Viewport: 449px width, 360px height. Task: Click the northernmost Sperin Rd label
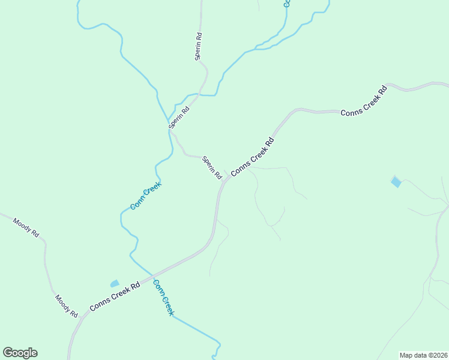[199, 46]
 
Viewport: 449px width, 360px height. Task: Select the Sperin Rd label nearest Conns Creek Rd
[212, 167]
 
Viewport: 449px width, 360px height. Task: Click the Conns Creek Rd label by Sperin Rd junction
[252, 157]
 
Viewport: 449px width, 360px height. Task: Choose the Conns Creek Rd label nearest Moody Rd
[115, 297]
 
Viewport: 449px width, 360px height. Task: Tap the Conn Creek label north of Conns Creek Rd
[146, 196]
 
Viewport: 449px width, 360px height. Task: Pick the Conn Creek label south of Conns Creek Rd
[163, 298]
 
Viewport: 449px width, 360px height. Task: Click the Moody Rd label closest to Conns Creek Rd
[66, 306]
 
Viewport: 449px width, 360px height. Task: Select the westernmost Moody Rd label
[26, 226]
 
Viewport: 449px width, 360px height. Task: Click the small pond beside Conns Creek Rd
[114, 283]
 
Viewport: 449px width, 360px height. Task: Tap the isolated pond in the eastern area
[396, 181]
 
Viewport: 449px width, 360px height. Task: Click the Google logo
[20, 353]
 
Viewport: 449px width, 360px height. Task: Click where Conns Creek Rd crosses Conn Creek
[153, 275]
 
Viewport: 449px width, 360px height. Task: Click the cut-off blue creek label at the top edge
[287, 3]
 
